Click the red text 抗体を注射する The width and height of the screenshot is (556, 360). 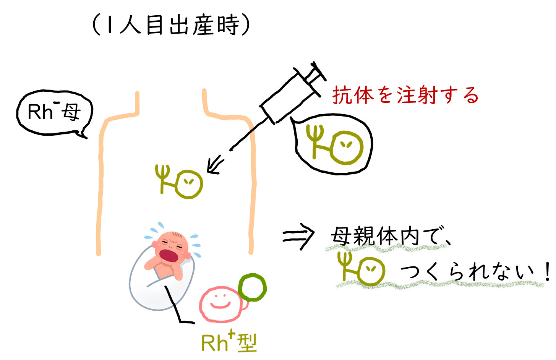tap(405, 95)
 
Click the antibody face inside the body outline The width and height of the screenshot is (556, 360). tap(188, 184)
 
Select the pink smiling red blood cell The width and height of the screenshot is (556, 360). tap(220, 304)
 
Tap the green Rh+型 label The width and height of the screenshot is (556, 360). tap(229, 342)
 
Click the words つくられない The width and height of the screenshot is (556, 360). tap(466, 272)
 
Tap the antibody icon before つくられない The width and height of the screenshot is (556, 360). tap(361, 269)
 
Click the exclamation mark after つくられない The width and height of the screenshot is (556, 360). tap(547, 271)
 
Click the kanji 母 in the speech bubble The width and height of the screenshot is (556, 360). tap(71, 112)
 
